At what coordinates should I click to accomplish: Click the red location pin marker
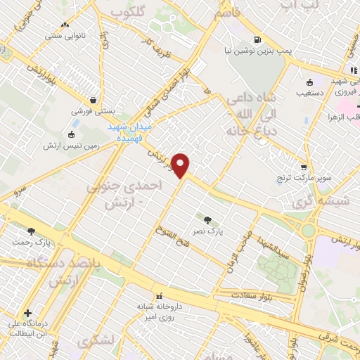(181, 165)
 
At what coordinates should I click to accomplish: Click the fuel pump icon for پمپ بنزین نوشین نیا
(257, 39)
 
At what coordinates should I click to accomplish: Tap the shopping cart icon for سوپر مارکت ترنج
(304, 167)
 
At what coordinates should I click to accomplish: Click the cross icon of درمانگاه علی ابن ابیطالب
(27, 314)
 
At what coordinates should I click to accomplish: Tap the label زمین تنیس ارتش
(89, 148)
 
